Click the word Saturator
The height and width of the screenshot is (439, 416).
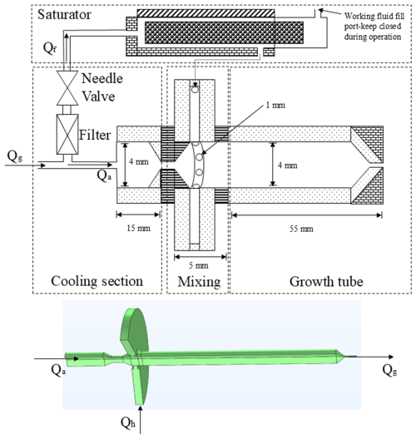[x=64, y=15]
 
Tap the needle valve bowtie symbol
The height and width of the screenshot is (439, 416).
[x=67, y=88]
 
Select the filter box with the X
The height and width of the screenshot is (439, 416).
[x=67, y=134]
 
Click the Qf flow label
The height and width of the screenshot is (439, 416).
[x=50, y=48]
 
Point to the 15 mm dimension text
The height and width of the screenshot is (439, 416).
[x=138, y=228]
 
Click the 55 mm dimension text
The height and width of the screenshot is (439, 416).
[x=301, y=229]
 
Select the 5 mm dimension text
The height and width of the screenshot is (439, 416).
[x=198, y=265]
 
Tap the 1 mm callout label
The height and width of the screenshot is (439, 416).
[x=275, y=106]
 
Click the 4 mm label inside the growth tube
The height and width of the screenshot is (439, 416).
[x=287, y=165]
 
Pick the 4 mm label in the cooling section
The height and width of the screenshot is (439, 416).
[x=139, y=161]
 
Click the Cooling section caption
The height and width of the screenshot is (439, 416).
[x=97, y=281]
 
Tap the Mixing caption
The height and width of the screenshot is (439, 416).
[x=199, y=282]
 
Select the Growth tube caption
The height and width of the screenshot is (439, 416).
[x=326, y=282]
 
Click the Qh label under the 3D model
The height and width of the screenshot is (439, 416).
[x=128, y=422]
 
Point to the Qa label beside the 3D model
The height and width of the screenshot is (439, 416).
[x=58, y=371]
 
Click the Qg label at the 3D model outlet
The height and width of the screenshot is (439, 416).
[x=389, y=371]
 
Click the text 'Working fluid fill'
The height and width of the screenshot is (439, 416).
[x=374, y=17]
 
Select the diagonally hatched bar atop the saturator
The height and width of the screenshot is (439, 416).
[x=206, y=13]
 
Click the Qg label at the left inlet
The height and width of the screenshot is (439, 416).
[x=15, y=156]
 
